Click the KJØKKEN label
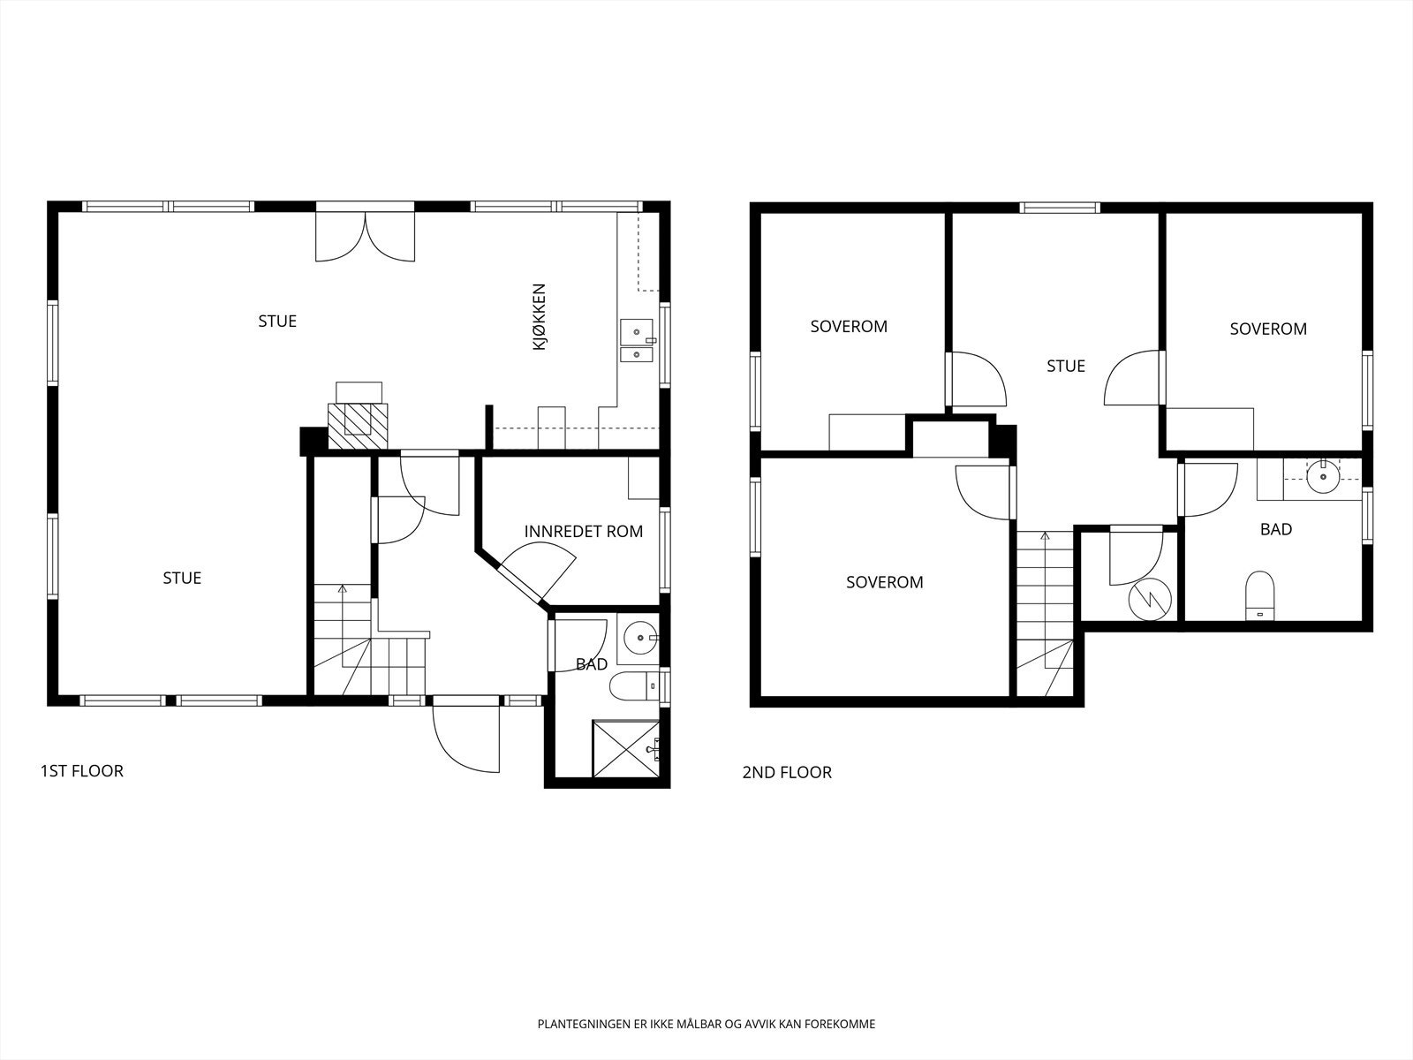tap(539, 316)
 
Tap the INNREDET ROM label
tap(583, 532)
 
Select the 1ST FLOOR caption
tap(82, 771)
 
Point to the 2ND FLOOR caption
tap(787, 772)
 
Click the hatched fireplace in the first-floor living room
tap(358, 426)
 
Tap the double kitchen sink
tap(637, 341)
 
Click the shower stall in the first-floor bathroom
tap(626, 749)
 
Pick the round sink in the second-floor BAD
tap(1323, 476)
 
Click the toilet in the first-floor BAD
tap(635, 686)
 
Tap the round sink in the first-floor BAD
tap(640, 639)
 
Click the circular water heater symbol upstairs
tap(1150, 601)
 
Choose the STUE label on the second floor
tap(1065, 367)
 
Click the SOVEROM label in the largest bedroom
tap(885, 582)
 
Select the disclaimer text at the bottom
tap(706, 1024)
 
